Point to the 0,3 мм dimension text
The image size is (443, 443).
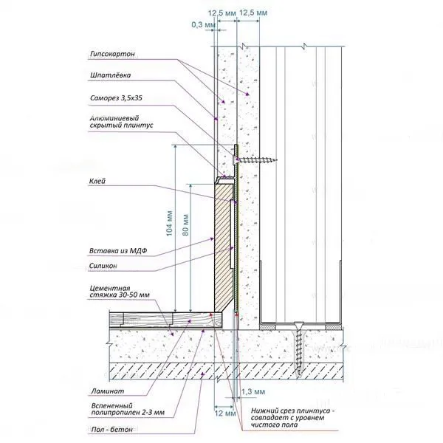click(201, 24)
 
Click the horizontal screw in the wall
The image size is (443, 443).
click(256, 157)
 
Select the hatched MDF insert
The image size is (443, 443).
click(221, 244)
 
